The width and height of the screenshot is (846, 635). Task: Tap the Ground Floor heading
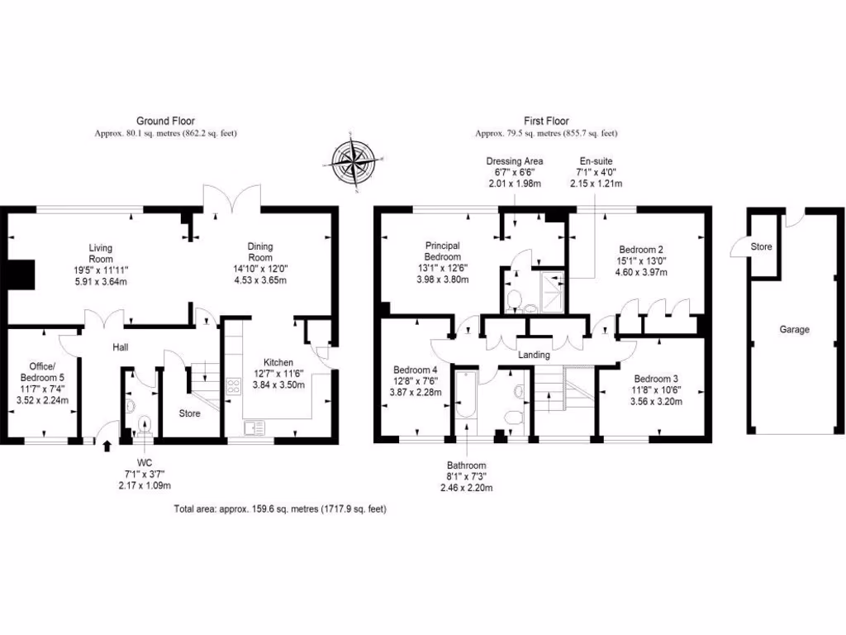pyautogui.click(x=165, y=121)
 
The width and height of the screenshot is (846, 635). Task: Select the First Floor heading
pyautogui.click(x=546, y=121)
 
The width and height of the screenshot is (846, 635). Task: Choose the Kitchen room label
pyautogui.click(x=278, y=362)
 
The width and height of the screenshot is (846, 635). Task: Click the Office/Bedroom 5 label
pyautogui.click(x=42, y=370)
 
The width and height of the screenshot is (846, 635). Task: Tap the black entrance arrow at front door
pyautogui.click(x=107, y=447)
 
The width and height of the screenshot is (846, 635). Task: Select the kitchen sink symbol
pyautogui.click(x=254, y=427)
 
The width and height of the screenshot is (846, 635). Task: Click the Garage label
pyautogui.click(x=794, y=329)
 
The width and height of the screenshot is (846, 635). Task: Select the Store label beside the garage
pyautogui.click(x=761, y=246)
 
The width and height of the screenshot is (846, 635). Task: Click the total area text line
pyautogui.click(x=280, y=509)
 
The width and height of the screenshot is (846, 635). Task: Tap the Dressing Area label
pyautogui.click(x=514, y=160)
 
